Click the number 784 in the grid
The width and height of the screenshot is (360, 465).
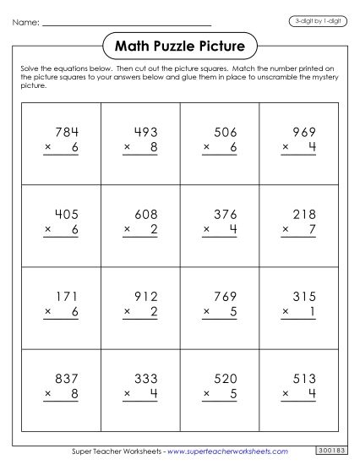coord(65,132)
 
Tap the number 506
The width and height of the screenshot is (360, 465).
coord(226,132)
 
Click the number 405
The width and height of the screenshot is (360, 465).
coord(65,214)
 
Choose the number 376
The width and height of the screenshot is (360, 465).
coord(226,214)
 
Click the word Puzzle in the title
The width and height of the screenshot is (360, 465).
coord(179,45)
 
